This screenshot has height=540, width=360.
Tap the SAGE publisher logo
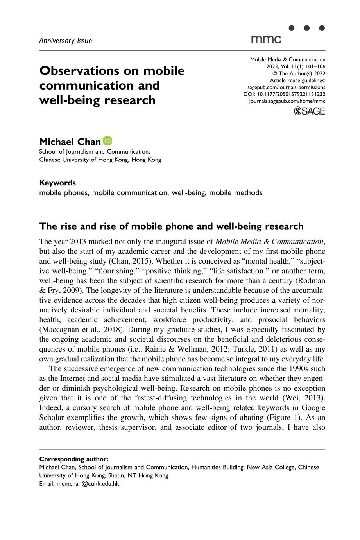310,111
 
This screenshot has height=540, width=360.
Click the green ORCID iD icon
107,141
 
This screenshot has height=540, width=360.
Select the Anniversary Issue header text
66,41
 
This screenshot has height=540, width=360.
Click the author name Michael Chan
70,142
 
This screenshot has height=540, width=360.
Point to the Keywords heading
57,183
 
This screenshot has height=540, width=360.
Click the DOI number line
284,94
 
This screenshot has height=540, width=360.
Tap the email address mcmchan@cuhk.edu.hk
88,484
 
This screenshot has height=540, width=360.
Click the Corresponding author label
74,459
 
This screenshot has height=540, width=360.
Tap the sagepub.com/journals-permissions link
286,87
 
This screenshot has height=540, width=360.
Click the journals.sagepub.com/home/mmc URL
287,101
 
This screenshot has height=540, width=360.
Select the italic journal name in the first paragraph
269,242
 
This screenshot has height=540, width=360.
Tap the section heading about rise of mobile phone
172,226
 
